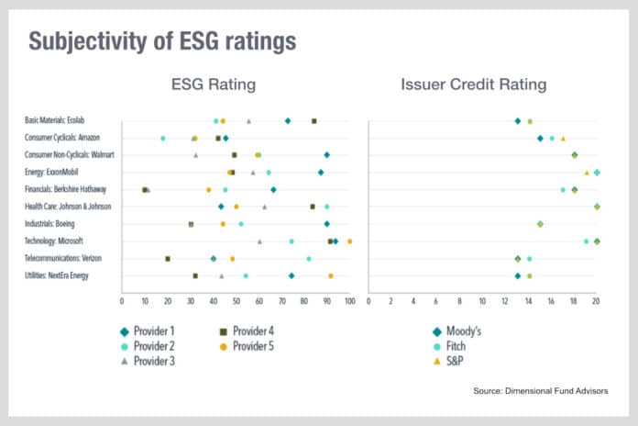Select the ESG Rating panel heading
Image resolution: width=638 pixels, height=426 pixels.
213,85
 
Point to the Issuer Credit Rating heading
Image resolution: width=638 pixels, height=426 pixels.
474,85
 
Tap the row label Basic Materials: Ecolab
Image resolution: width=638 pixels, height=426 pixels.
56,120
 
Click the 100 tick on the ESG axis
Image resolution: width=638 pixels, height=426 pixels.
349,299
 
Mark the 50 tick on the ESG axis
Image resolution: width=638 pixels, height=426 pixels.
236,299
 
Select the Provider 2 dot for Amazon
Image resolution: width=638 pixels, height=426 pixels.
163,138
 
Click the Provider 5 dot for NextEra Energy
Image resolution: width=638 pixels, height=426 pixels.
331,275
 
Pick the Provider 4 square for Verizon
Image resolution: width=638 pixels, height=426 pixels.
168,258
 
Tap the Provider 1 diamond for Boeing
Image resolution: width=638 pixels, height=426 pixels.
326,223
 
